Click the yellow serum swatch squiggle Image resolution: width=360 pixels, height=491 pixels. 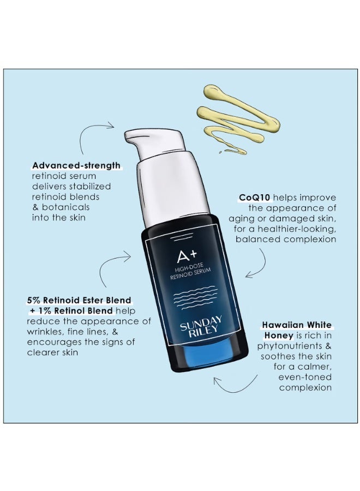240,117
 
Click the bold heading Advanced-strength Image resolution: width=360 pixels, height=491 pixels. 76,165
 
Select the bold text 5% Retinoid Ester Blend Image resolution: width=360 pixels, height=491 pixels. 79,300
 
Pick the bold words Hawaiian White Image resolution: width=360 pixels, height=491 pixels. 297,325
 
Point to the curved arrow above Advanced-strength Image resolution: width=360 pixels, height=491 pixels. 95,136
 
